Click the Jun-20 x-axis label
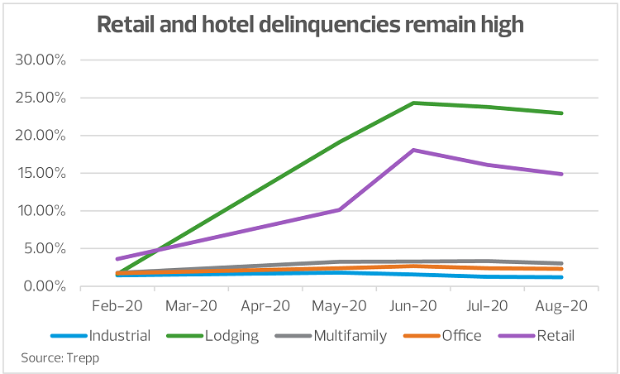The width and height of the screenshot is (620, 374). coord(413,305)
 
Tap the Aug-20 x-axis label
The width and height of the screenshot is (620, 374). coord(560,305)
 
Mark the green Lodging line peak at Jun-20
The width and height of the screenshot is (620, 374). coord(413,103)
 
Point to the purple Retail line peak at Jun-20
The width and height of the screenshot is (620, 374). coord(413,150)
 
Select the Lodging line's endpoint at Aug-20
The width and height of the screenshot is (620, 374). coord(561,113)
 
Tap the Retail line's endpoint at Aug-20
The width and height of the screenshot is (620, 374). coord(561,174)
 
